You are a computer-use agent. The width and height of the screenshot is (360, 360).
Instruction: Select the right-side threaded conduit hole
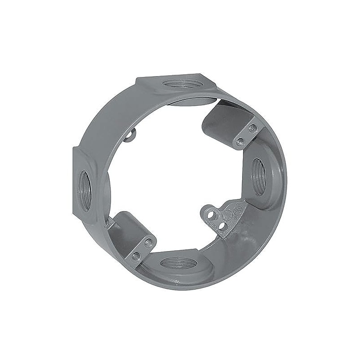point(258,177)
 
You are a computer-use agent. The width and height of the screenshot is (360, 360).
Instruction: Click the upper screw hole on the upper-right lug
point(252,128)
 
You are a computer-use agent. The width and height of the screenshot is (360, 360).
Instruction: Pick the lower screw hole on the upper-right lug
point(240,142)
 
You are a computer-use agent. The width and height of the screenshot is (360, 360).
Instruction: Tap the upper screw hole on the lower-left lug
point(148,243)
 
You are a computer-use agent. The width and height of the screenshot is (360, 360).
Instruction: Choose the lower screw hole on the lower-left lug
point(135,256)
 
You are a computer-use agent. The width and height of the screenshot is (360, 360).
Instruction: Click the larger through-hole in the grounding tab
point(209,215)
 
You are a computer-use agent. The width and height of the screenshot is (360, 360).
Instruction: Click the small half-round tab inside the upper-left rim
point(130,135)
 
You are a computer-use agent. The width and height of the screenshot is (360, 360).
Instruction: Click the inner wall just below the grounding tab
point(234,238)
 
